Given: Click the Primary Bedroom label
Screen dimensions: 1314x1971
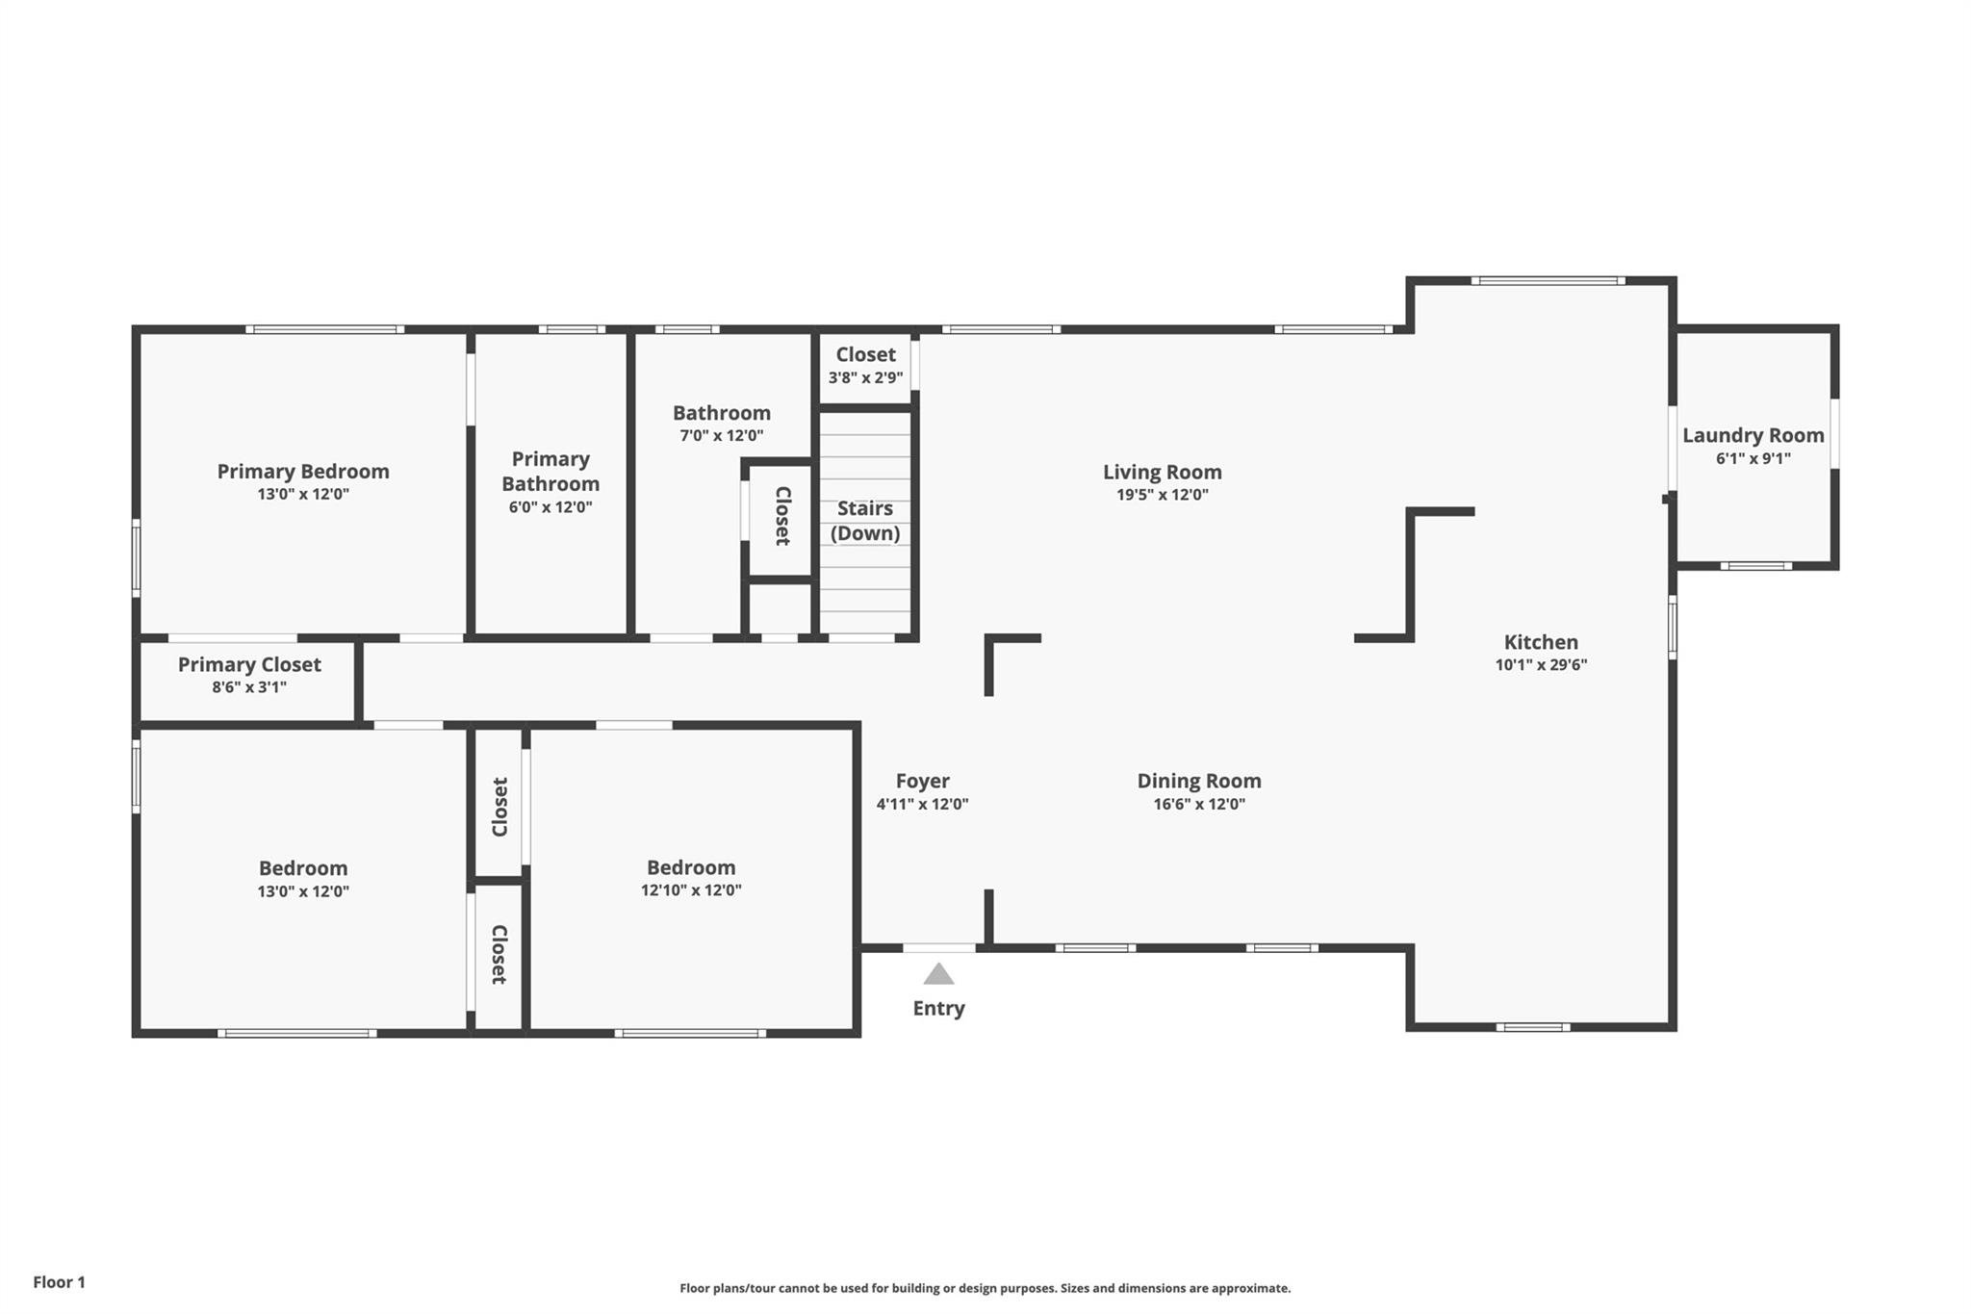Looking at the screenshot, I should coord(302,471).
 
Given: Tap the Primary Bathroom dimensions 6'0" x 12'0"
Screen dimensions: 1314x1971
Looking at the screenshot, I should coord(550,507).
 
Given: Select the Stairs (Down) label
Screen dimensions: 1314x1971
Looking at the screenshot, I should coord(864,520).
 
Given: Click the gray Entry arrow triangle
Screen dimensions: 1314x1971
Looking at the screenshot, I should coord(938,974).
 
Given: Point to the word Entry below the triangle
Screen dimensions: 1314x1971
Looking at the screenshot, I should coord(938,1008).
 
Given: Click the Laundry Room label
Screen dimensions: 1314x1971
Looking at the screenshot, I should coord(1753,435).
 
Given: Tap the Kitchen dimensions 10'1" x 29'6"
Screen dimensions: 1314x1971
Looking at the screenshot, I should coord(1540,665).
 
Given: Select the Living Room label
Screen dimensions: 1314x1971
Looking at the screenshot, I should coord(1162,472).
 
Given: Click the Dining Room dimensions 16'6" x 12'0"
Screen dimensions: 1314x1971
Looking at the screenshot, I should coord(1198,804).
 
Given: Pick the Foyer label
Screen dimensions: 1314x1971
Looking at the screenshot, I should coord(922,781).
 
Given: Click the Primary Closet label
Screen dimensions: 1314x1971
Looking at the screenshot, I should coord(249,664).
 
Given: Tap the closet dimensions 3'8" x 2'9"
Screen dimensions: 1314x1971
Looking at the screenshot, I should coord(865,378).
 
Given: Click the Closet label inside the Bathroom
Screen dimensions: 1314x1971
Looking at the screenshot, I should coord(782,516).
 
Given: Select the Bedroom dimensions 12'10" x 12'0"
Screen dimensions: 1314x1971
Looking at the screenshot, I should coord(691,890).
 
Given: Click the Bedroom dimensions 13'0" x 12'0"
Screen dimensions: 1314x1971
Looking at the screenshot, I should coord(302,891).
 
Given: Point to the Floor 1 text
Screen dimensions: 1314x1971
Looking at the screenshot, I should coord(59,1282).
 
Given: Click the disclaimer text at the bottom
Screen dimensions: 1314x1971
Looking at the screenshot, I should coord(985,1288).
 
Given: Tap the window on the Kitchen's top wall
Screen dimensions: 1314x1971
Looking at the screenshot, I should coord(1547,281).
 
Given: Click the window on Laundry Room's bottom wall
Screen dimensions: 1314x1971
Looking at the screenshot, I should coord(1755,566).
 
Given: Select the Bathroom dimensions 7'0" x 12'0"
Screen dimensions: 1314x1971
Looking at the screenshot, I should coord(721,436).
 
